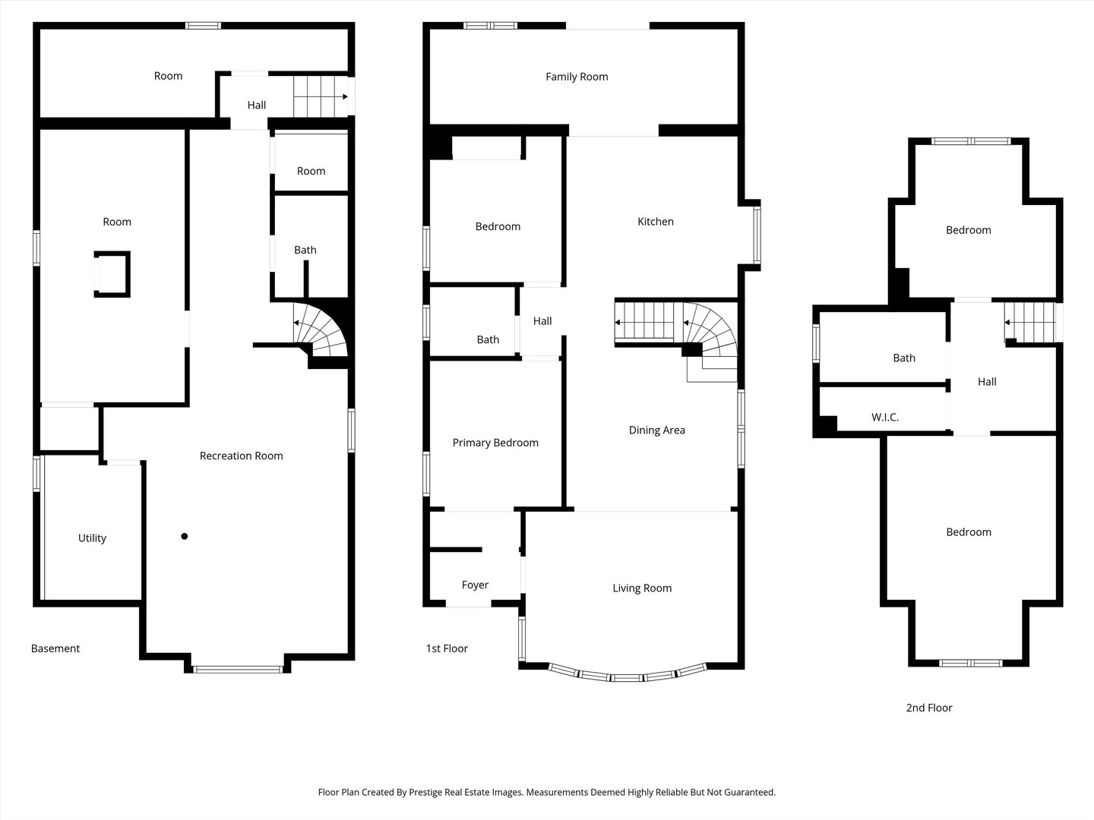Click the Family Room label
pos(577,77)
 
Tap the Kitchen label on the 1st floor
pos(656,222)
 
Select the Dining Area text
pos(657,430)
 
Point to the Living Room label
pos(642,588)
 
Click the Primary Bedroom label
pos(495,443)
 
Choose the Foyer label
pos(475,585)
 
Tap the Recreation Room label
pos(242,456)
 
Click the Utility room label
pos(92,538)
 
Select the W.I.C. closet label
pos(885,418)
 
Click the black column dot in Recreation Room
pos(185,536)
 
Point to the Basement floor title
pos(55,648)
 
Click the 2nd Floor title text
pos(929,708)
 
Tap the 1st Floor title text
pos(447,648)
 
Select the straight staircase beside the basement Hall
pos(321,96)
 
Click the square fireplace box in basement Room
pos(112,274)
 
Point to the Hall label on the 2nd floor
pos(987,382)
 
